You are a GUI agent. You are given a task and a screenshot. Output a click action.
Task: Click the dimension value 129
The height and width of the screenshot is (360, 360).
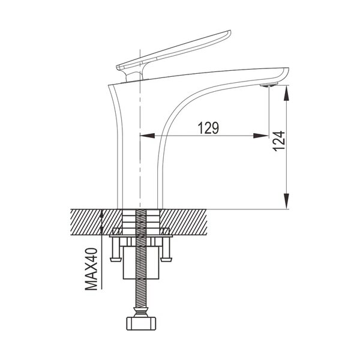(208, 128)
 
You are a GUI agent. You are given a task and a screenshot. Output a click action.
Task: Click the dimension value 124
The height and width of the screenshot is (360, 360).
(279, 141)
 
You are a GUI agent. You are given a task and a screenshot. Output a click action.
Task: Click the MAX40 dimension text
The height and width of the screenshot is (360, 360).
(91, 269)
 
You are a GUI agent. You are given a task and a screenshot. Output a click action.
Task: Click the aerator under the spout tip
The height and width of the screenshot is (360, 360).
(269, 85)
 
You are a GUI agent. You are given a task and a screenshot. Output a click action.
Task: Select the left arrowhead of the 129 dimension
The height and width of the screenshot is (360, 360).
(147, 136)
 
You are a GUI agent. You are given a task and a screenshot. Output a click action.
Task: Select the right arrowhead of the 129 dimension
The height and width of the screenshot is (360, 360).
(261, 136)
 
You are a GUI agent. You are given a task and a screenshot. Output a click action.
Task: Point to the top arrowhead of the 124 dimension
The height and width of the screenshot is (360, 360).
(286, 93)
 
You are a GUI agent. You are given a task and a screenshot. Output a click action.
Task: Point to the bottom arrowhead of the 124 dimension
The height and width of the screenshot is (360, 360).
(286, 201)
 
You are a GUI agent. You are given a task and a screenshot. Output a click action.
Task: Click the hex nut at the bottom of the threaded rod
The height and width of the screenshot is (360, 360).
(141, 323)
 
